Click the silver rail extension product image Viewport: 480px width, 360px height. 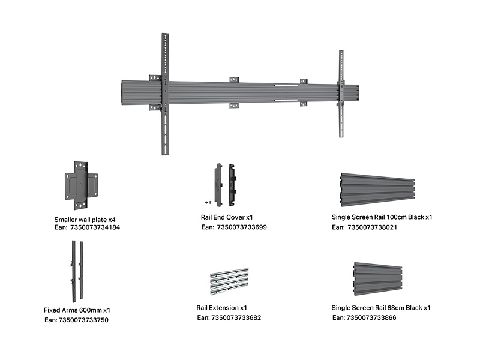point(229,281)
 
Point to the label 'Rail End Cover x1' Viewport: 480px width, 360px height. point(228,217)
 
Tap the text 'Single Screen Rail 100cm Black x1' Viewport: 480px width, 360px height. point(382,218)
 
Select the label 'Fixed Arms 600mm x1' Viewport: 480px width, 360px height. point(77,310)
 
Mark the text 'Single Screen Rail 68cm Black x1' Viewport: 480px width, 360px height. point(381,308)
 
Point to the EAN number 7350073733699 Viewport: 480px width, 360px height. point(242,227)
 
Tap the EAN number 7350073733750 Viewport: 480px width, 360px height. point(83,320)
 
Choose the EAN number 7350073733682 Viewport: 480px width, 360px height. point(236,317)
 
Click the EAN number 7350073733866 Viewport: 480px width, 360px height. point(371,317)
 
